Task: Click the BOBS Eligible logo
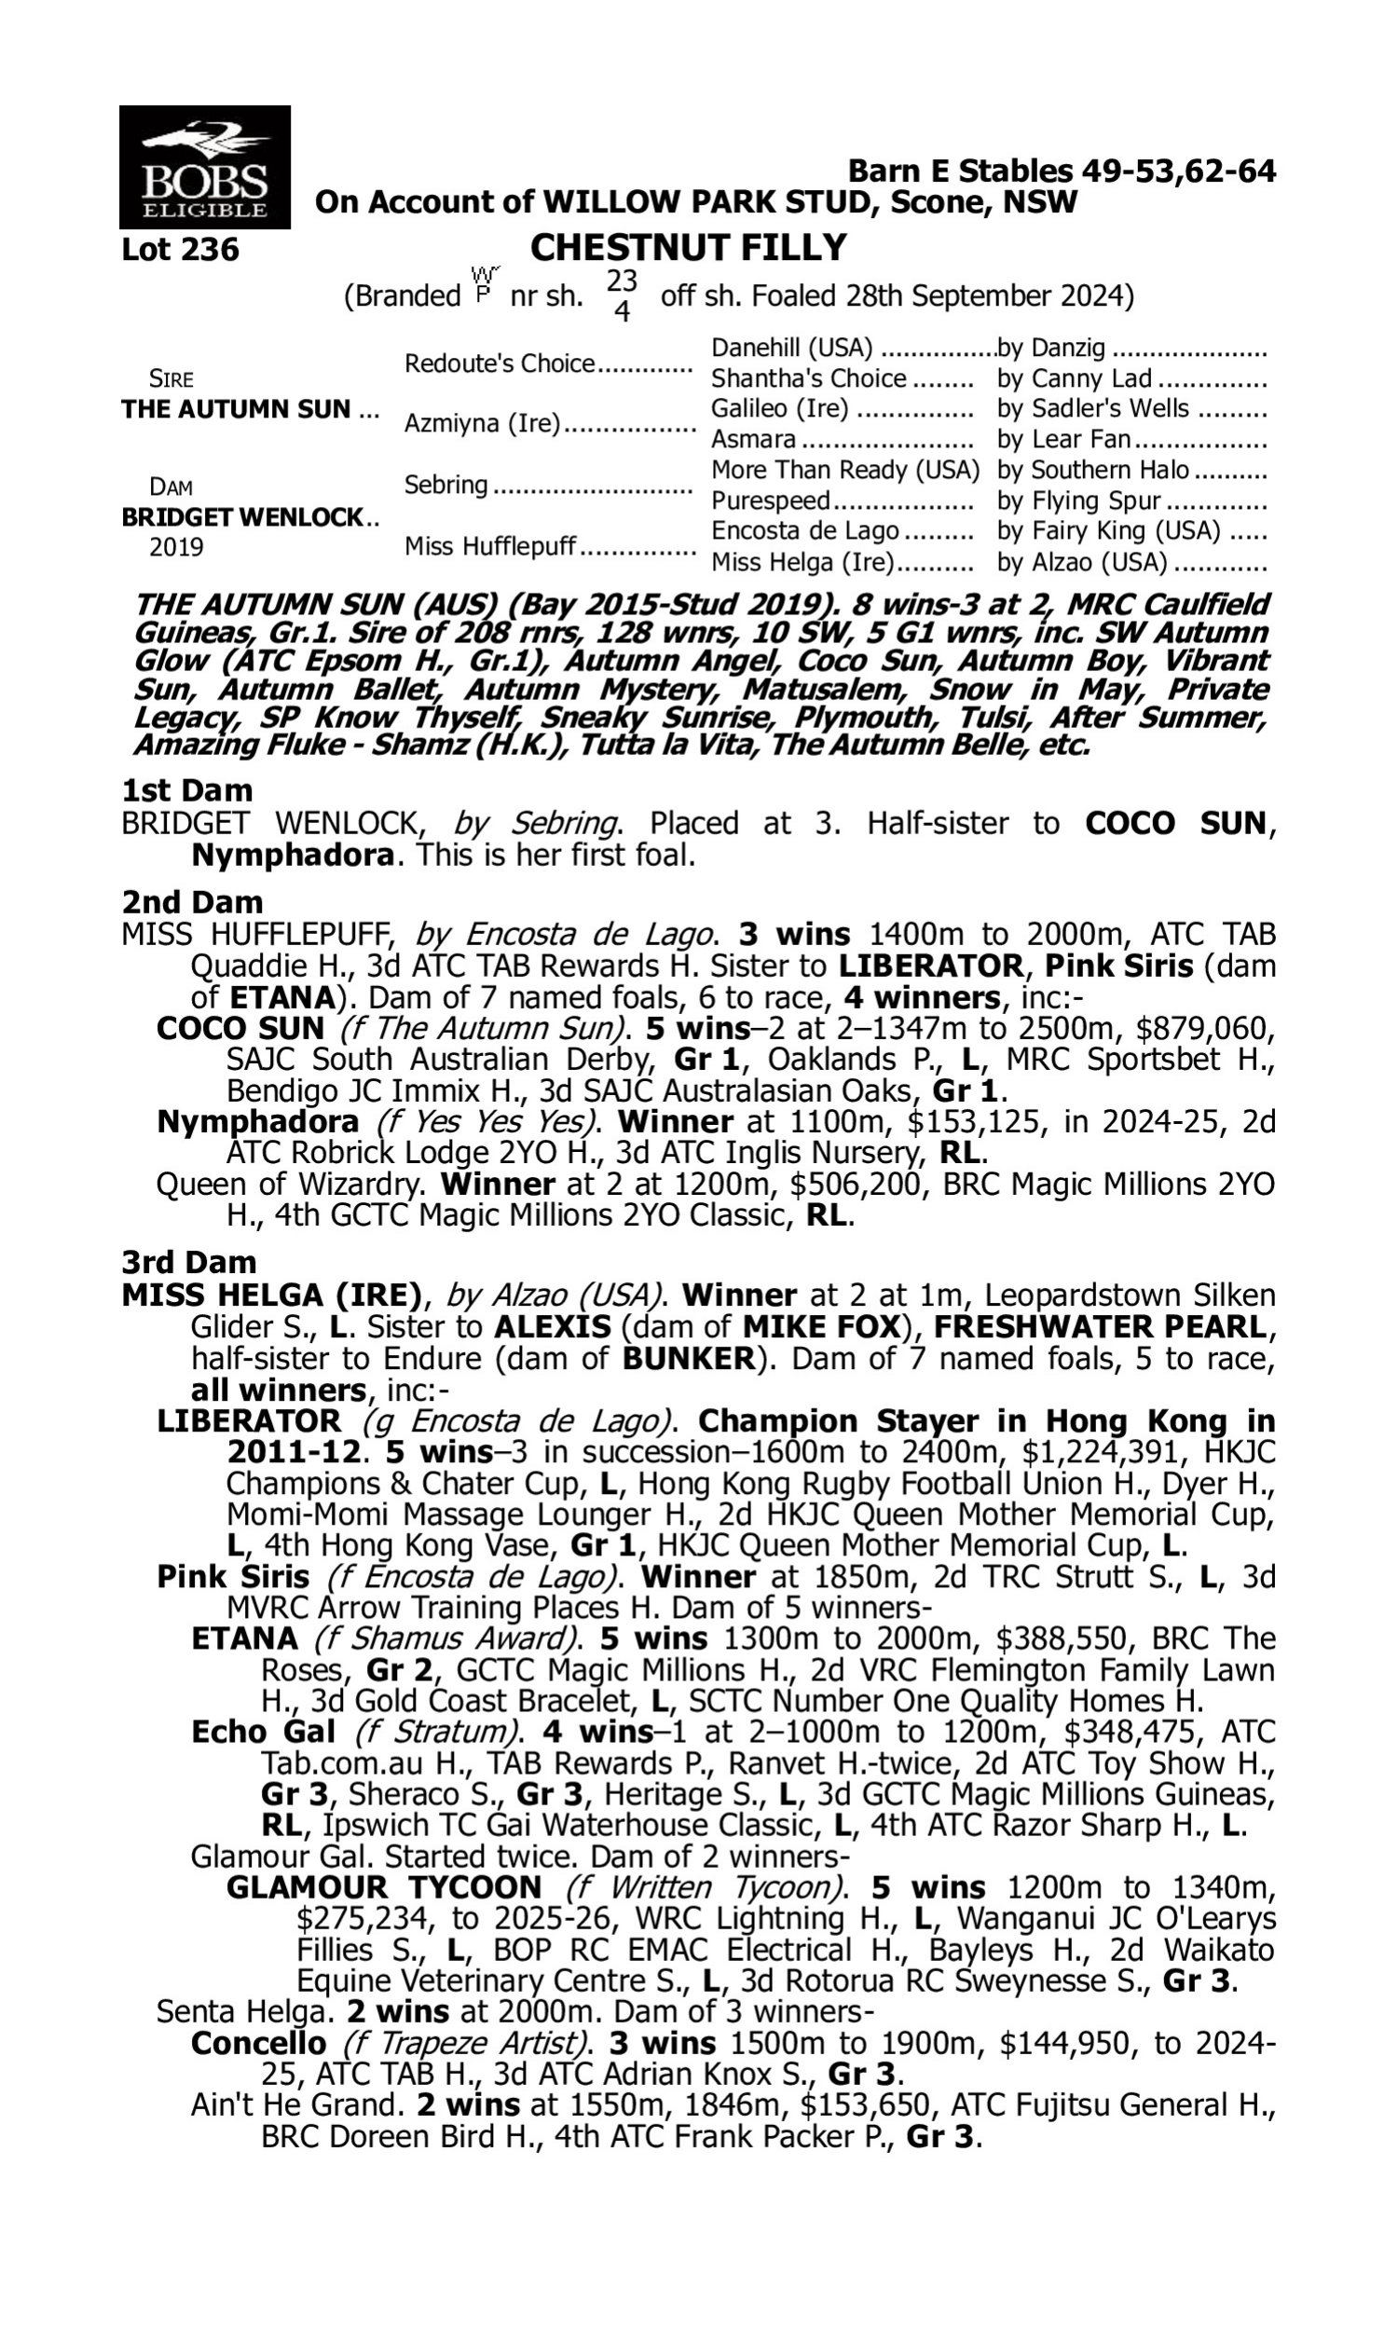204,168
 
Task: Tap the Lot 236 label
181,250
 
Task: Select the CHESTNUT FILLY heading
688,248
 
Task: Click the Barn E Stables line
1062,171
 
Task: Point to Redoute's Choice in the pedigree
500,363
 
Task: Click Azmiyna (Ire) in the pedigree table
482,424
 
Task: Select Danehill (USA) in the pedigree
791,348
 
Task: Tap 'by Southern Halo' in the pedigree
1093,469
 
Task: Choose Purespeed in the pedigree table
770,500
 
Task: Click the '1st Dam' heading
187,790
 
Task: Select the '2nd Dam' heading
192,902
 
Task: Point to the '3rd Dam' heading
189,1262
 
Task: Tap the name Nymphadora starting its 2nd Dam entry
257,1122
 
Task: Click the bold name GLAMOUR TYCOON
383,1887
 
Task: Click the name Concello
258,2044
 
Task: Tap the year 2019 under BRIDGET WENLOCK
176,547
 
